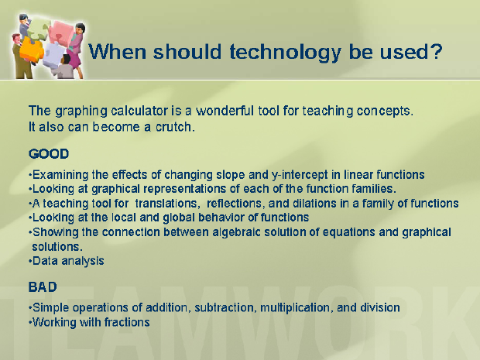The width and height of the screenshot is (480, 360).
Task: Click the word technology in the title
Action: (286, 52)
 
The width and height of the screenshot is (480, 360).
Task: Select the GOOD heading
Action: (49, 153)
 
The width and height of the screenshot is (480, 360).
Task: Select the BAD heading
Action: (43, 287)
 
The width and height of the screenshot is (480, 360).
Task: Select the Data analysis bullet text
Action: (68, 261)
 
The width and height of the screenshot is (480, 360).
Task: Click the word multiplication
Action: (296, 307)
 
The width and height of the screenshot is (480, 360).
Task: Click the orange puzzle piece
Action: (31, 50)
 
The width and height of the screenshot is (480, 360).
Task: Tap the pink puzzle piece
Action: (62, 33)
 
